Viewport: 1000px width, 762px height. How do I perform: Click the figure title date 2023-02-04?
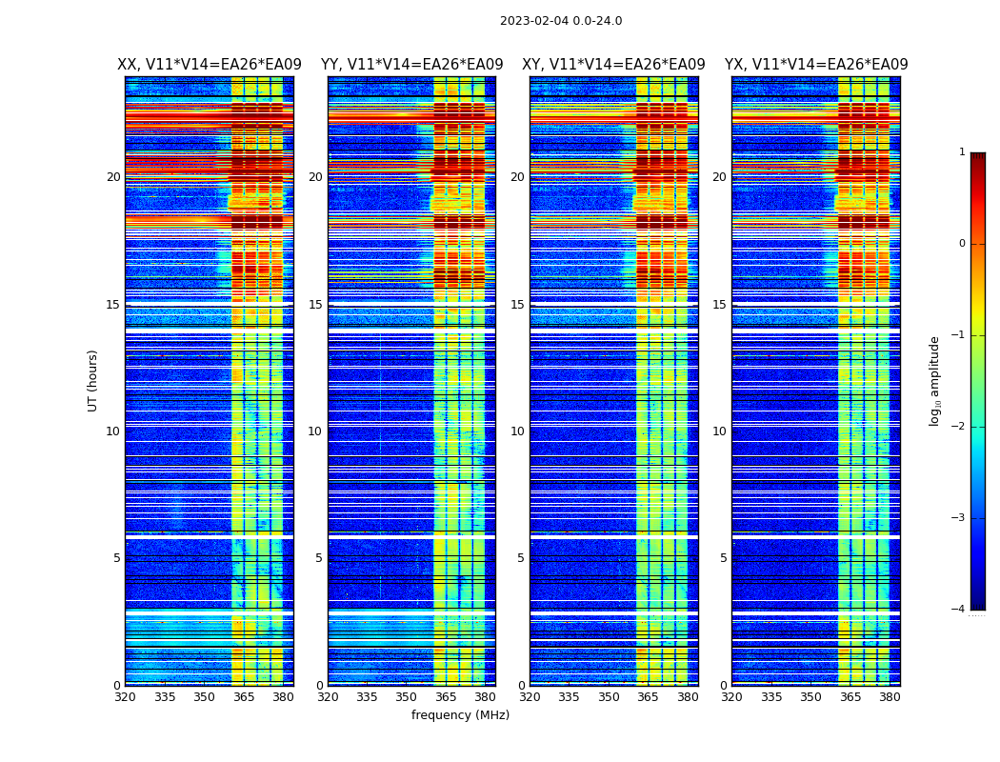click(533, 21)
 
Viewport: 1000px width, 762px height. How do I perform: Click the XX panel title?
click(210, 65)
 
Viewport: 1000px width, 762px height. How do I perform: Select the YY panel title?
click(411, 65)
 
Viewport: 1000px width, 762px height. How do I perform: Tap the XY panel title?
click(613, 65)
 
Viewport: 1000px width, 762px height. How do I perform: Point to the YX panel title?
click(816, 65)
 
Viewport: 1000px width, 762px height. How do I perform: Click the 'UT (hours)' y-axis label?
click(93, 380)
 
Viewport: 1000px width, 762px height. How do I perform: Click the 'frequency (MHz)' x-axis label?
click(460, 715)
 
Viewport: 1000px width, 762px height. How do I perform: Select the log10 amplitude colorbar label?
click(935, 380)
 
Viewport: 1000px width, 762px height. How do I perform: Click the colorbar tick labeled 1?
click(962, 152)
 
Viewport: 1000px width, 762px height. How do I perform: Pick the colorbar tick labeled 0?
click(962, 244)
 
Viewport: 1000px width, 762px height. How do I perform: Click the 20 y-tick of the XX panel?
click(113, 177)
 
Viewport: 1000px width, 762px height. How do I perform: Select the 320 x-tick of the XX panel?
click(125, 697)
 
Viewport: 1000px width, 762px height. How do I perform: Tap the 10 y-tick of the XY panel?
click(517, 431)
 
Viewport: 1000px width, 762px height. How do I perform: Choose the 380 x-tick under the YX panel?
click(890, 697)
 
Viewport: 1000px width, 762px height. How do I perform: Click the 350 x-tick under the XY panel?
click(609, 697)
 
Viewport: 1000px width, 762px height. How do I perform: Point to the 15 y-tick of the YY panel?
click(315, 305)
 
